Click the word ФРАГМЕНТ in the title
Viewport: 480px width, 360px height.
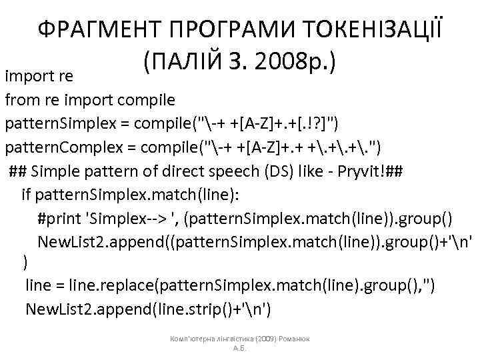click(x=98, y=31)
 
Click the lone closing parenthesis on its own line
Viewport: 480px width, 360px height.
click(x=25, y=263)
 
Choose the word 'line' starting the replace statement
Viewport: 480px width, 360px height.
click(x=39, y=287)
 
